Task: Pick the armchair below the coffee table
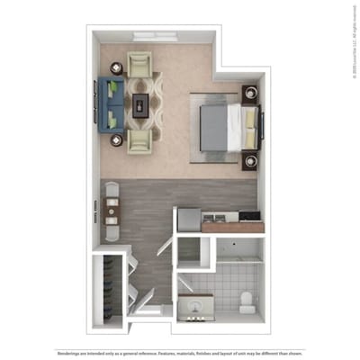click(x=139, y=140)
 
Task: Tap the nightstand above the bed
click(x=249, y=93)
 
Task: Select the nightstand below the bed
click(x=249, y=161)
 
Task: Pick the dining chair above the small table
click(x=111, y=190)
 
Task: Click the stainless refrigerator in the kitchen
click(x=188, y=219)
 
